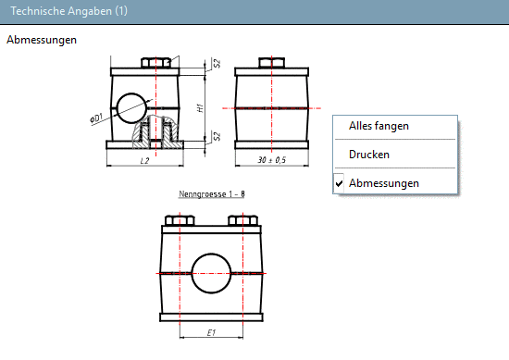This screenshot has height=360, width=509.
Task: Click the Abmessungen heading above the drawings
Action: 42,40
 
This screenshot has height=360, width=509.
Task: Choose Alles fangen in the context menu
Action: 379,126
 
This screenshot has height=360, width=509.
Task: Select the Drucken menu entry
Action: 368,155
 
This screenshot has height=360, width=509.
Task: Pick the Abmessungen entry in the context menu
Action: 383,183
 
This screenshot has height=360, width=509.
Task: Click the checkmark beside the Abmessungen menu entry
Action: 341,183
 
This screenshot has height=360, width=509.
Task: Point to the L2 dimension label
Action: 144,160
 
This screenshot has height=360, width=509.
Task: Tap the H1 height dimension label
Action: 202,107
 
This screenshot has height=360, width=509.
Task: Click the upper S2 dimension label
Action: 216,65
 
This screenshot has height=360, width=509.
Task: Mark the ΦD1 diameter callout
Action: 94,118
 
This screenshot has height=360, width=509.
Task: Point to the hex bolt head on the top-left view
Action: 155,63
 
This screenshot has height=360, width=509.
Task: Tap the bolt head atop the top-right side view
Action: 270,63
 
